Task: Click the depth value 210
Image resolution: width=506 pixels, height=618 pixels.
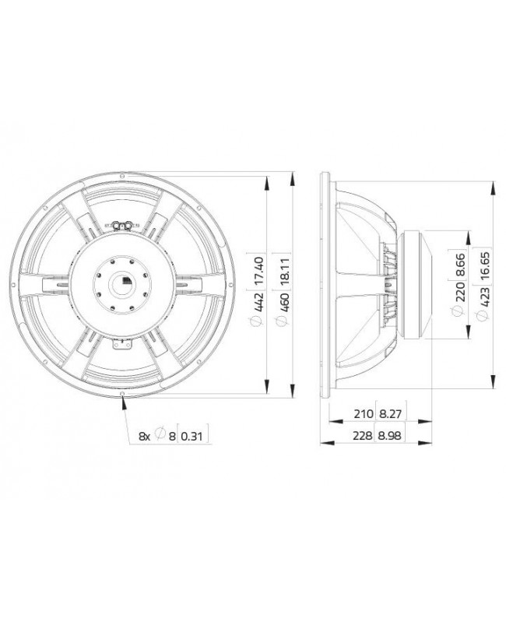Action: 360,413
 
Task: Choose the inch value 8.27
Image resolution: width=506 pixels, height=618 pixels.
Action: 390,413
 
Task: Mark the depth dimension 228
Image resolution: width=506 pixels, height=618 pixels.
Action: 360,437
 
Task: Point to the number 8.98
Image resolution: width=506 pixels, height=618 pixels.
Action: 390,437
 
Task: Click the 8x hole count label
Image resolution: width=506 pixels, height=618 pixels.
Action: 144,436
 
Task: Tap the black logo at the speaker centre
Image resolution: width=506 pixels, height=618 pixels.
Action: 125,281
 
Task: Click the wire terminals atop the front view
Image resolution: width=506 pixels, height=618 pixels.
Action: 118,226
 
